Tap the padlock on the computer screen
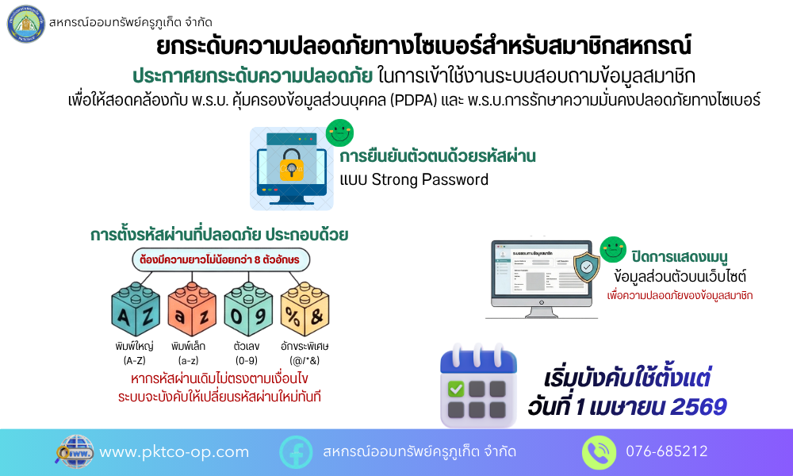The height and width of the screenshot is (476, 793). [x=291, y=163]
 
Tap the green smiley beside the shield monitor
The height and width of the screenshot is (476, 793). [x=612, y=249]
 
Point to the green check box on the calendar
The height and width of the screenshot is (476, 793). [x=457, y=390]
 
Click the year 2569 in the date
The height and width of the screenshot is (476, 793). [x=698, y=407]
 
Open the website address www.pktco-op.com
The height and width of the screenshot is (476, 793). [x=174, y=452]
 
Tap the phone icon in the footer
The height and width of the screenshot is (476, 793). [x=599, y=452]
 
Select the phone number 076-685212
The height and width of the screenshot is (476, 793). [x=666, y=452]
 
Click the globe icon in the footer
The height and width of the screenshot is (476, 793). [x=76, y=451]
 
